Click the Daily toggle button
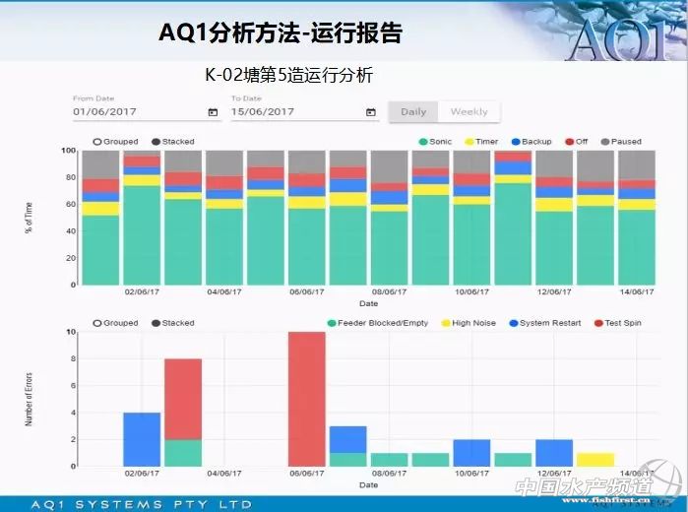click(x=413, y=112)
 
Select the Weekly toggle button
click(x=469, y=112)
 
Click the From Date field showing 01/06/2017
click(x=138, y=111)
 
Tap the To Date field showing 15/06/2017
click(x=295, y=111)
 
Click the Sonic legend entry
click(x=435, y=142)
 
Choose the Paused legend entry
click(x=620, y=142)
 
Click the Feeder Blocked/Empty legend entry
click(x=377, y=323)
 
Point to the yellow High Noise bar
click(x=595, y=460)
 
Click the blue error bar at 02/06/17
click(x=142, y=439)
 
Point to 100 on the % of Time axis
click(x=68, y=151)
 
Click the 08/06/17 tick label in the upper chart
click(x=389, y=292)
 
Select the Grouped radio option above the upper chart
click(x=115, y=142)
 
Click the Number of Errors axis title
click(x=30, y=399)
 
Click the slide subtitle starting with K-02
click(x=288, y=75)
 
